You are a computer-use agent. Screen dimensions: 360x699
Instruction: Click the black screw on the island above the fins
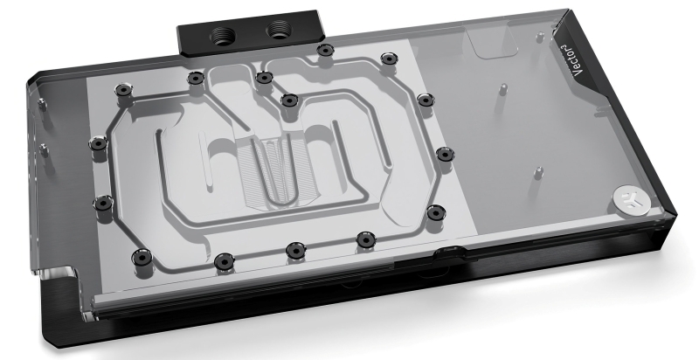pyautogui.click(x=287, y=98)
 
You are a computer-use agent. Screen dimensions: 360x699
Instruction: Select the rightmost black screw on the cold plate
pyautogui.click(x=443, y=155)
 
